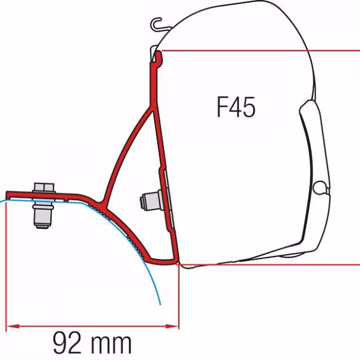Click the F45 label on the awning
tap(236, 107)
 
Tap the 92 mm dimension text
tap(92, 343)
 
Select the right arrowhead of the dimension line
tap(172, 326)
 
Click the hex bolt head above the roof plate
tap(44, 188)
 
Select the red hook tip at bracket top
tap(159, 56)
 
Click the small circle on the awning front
tap(319, 187)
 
